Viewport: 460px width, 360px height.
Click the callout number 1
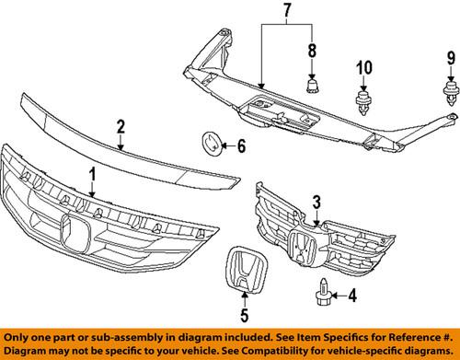pos(91,173)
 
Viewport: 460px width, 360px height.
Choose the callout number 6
pos(242,145)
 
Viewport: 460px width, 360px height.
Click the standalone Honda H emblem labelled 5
pos(243,278)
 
